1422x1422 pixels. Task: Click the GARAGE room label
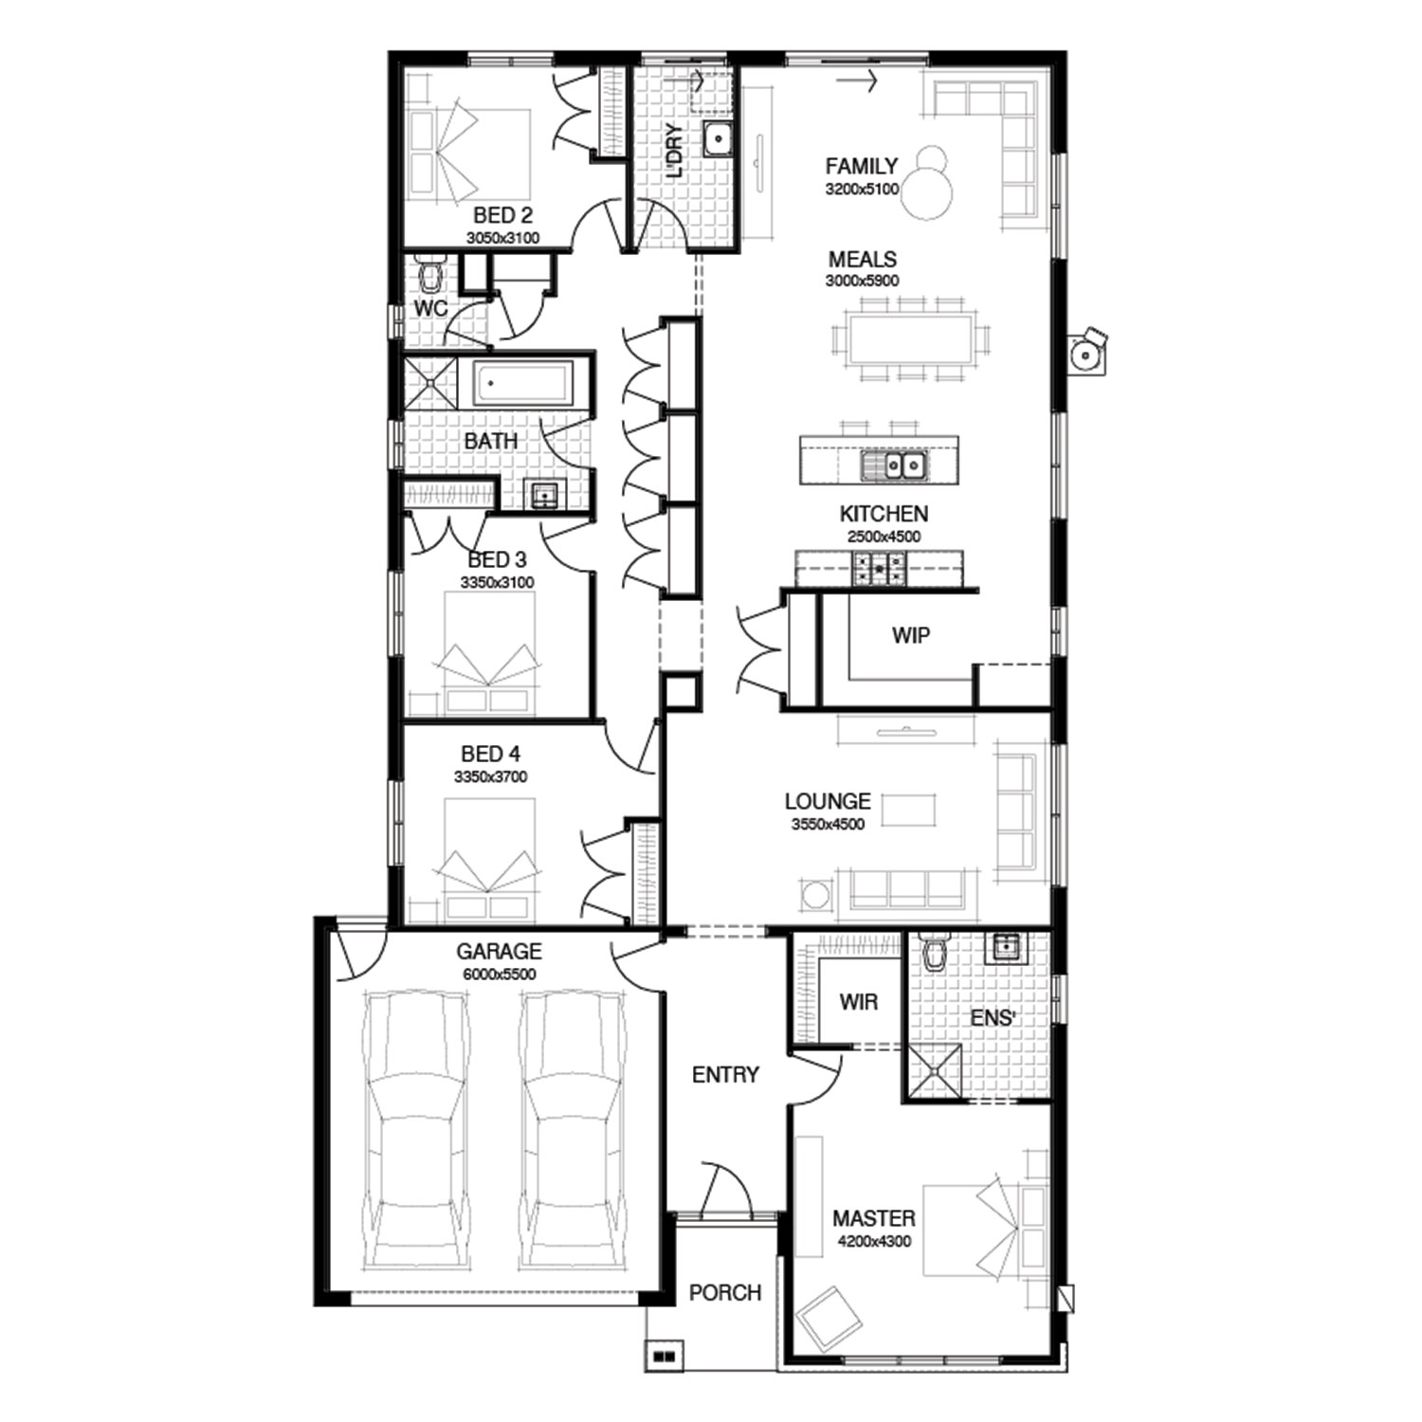pyautogui.click(x=499, y=951)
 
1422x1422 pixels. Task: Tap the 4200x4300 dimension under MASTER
pyautogui.click(x=874, y=1241)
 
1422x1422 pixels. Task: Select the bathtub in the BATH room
pyautogui.click(x=521, y=386)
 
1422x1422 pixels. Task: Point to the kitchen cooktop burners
pyautogui.click(x=880, y=569)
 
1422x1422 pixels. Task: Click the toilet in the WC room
pyautogui.click(x=431, y=274)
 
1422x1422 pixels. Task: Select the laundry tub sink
pyautogui.click(x=718, y=139)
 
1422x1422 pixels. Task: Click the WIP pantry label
pyautogui.click(x=910, y=635)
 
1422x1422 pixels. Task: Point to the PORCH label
pyautogui.click(x=725, y=1292)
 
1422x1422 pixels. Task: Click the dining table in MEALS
pyautogui.click(x=911, y=338)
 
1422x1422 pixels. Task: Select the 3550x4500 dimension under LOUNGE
pyautogui.click(x=828, y=824)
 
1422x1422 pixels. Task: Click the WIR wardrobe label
pyautogui.click(x=858, y=1001)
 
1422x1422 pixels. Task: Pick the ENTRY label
pyautogui.click(x=725, y=1074)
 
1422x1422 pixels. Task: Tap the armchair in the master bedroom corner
pyautogui.click(x=829, y=1317)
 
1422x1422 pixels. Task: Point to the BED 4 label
pyautogui.click(x=490, y=754)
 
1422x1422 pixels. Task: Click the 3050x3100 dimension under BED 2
pyautogui.click(x=502, y=238)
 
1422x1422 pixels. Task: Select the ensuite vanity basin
pyautogui.click(x=1004, y=947)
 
